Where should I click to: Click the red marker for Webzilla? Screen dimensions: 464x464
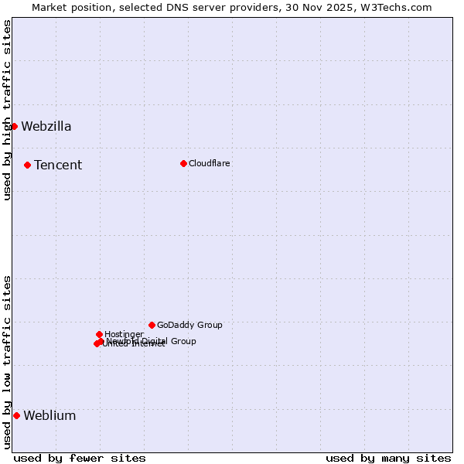tap(14, 126)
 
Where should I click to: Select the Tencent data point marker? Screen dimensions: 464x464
tap(27, 165)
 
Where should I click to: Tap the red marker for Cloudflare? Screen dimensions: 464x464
tap(183, 163)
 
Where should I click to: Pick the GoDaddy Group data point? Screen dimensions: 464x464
tap(152, 325)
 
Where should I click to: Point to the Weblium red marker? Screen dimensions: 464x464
tap(16, 415)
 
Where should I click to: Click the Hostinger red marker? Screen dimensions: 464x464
tap(99, 334)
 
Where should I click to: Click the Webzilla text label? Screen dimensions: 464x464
tap(46, 127)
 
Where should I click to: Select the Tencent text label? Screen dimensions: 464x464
tap(58, 165)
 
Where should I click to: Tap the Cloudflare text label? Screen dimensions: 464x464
tap(210, 164)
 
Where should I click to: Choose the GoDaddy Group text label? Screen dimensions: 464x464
tap(189, 326)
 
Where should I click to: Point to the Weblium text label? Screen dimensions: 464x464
tap(49, 416)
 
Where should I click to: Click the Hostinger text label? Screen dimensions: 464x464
tap(124, 335)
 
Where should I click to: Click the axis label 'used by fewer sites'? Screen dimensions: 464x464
tap(80, 458)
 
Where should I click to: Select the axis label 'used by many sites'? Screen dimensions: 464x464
tap(388, 458)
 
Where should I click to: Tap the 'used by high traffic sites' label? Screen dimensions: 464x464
tap(7, 110)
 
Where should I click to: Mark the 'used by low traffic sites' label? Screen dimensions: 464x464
tap(7, 362)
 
